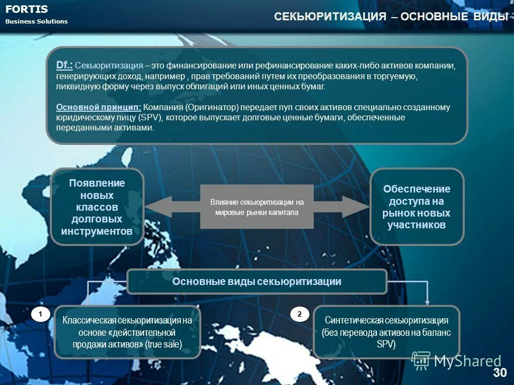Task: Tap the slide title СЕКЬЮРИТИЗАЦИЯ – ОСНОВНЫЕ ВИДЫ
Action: coord(391,17)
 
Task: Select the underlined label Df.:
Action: coord(64,65)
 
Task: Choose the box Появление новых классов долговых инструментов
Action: coord(97,206)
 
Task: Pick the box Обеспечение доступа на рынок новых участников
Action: coord(417,207)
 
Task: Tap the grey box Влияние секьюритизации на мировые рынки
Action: coord(256,207)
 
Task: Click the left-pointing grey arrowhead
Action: coord(157,207)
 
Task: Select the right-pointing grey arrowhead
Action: coord(354,207)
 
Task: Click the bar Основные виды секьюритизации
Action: coord(256,282)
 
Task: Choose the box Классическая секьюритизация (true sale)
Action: coord(127,332)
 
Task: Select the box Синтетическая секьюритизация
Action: coord(386,332)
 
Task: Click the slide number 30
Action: coord(499,372)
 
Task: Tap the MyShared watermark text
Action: coord(467,361)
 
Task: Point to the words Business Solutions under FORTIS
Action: coord(36,21)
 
